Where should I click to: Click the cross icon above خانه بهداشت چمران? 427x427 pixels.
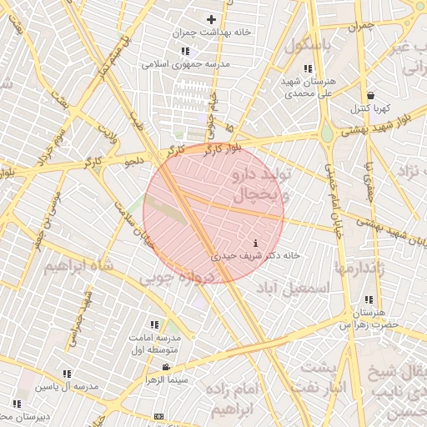pyautogui.click(x=211, y=18)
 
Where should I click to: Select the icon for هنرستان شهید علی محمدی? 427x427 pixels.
pyautogui.click(x=308, y=69)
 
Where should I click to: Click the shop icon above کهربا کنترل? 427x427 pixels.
pyautogui.click(x=369, y=95)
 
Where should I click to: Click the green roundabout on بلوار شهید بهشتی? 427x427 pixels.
pyautogui.click(x=327, y=133)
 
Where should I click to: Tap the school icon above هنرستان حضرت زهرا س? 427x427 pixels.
pyautogui.click(x=368, y=300)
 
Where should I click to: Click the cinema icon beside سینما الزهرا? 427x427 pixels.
pyautogui.click(x=167, y=368)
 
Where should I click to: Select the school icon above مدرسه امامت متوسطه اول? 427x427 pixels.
pyautogui.click(x=153, y=324)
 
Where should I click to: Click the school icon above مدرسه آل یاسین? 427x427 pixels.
pyautogui.click(x=67, y=374)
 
